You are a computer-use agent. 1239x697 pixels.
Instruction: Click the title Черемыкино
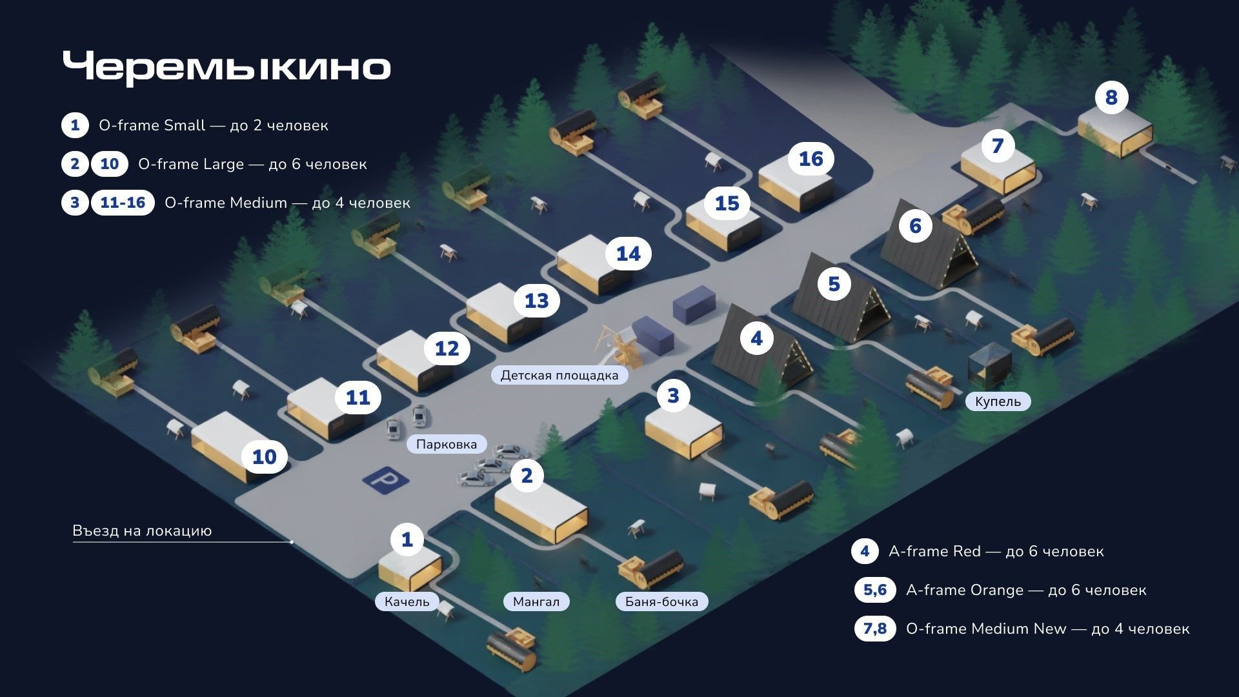point(227,67)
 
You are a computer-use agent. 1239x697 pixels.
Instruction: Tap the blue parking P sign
point(385,480)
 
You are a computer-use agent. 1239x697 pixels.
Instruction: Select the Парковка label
point(447,444)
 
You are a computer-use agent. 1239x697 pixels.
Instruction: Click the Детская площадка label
point(559,375)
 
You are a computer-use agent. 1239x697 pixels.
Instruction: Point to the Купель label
point(998,401)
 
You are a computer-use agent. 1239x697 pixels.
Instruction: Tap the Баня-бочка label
point(661,601)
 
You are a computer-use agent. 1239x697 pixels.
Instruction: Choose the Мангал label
point(536,601)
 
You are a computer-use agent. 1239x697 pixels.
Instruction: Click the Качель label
point(407,601)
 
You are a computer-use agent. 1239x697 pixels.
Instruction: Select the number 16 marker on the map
point(811,159)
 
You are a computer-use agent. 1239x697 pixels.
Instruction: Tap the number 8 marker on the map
point(1111,97)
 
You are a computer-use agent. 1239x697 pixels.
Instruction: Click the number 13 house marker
point(536,301)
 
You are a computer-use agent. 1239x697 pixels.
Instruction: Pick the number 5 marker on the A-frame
point(834,284)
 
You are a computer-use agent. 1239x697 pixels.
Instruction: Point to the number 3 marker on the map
point(673,396)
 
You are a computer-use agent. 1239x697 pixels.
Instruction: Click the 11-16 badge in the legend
point(123,203)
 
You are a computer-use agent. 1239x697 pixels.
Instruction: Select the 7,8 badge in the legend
point(875,629)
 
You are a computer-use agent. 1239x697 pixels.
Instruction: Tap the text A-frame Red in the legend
point(934,551)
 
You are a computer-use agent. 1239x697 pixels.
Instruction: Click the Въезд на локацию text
point(142,531)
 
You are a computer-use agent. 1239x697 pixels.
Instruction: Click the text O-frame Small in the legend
point(152,125)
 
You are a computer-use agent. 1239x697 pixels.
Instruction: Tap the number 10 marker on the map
point(264,457)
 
